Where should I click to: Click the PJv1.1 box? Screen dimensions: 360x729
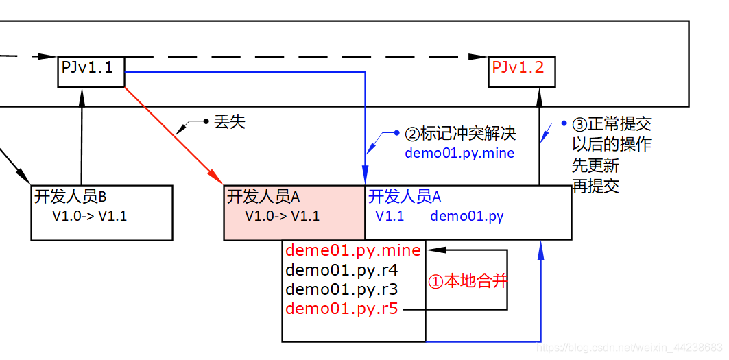[x=91, y=71]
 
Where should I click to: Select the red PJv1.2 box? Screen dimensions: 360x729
[x=521, y=71]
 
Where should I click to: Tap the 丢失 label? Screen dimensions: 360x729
[x=229, y=122]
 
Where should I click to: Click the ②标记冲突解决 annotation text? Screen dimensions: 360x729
[x=460, y=133]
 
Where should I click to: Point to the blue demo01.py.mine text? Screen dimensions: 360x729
[x=459, y=153]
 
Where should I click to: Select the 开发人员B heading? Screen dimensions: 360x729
[x=70, y=197]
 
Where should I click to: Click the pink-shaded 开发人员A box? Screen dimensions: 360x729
[x=294, y=213]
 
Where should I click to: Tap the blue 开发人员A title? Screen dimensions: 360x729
[x=405, y=197]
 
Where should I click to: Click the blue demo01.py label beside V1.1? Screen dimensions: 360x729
[x=466, y=217]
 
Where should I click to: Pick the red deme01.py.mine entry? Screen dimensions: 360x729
[x=353, y=250]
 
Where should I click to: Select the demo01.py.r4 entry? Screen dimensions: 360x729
[x=342, y=270]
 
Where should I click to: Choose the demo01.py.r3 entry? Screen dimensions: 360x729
[x=342, y=289]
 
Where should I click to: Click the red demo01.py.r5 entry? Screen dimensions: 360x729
[x=342, y=309]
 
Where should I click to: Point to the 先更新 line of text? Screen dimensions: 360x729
[x=595, y=165]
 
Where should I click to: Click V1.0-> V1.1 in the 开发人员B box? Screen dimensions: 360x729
[x=90, y=216]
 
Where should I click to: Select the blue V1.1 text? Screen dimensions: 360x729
[x=390, y=217]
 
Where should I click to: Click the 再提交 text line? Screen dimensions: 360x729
[x=595, y=186]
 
